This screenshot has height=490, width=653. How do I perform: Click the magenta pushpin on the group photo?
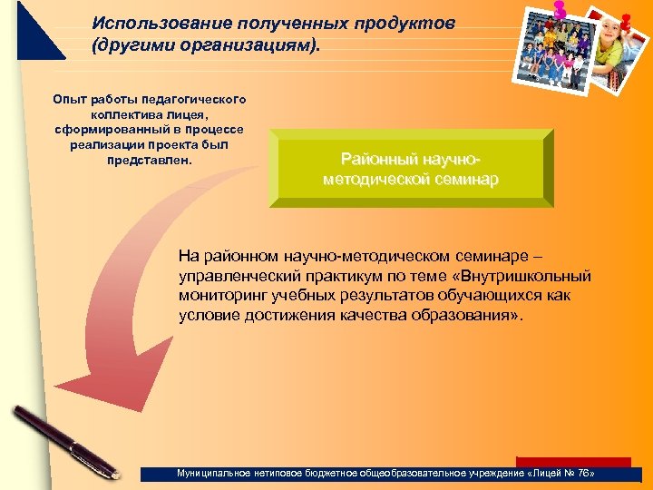(559, 8)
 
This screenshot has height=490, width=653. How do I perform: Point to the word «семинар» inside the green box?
(465, 180)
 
